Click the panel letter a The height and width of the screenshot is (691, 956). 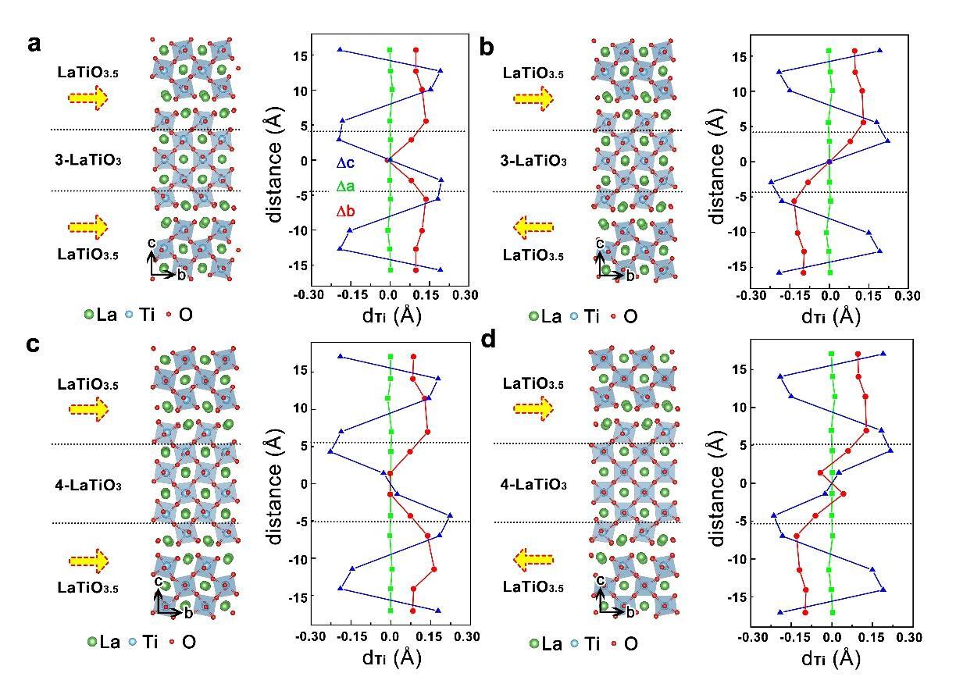click(34, 44)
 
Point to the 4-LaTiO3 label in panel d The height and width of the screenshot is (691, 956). click(533, 485)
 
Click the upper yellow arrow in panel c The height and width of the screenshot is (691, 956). click(88, 408)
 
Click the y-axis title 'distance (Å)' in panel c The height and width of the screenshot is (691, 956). click(274, 478)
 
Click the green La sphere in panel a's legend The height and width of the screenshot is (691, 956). click(89, 315)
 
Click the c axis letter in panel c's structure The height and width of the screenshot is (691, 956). click(158, 582)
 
